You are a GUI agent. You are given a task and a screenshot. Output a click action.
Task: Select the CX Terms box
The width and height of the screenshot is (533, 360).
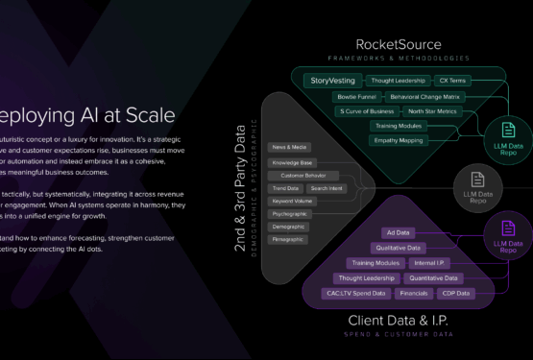(x=449, y=81)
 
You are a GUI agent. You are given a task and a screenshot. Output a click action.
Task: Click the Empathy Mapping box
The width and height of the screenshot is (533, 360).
(x=398, y=140)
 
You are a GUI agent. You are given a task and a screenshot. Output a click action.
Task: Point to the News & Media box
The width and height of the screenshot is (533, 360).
(x=288, y=147)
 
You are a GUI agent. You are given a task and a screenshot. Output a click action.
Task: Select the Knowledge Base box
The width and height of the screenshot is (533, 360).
(x=293, y=162)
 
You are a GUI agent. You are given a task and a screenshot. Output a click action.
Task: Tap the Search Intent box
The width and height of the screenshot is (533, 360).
(x=327, y=188)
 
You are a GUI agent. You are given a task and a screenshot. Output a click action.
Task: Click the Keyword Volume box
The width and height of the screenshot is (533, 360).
(x=293, y=201)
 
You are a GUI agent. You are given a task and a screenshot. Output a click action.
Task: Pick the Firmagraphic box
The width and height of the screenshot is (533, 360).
(x=289, y=238)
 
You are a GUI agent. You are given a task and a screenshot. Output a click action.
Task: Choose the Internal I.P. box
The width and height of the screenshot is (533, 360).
(x=428, y=262)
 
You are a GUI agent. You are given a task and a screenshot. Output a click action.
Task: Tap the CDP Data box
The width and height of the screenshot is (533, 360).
(x=456, y=293)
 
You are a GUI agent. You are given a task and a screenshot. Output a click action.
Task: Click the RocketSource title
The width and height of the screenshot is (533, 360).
(x=399, y=44)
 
